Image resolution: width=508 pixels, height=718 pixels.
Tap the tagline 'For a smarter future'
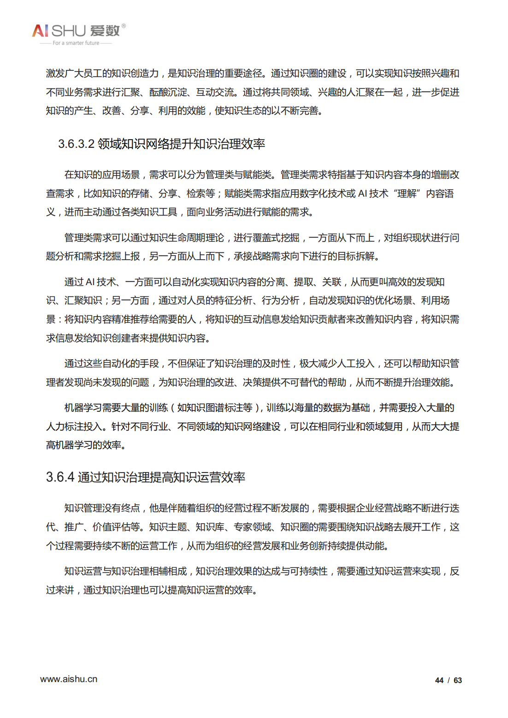tap(76, 43)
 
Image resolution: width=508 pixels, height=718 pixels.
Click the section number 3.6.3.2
tap(76, 144)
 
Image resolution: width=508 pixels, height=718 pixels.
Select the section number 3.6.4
tap(60, 477)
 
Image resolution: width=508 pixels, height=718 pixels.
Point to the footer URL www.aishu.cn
tap(69, 679)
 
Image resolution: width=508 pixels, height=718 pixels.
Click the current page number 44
tap(439, 680)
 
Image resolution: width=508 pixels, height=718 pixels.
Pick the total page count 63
tap(458, 680)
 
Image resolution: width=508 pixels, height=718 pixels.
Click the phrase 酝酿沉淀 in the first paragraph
tap(168, 93)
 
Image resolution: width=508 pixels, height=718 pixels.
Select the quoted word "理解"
tap(407, 194)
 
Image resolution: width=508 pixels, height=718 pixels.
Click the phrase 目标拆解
tap(356, 257)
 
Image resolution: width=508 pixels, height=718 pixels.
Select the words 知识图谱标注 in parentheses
tap(215, 408)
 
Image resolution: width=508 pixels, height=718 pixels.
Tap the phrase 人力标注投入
tap(74, 427)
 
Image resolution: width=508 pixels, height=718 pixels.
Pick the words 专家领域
tap(252, 527)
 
